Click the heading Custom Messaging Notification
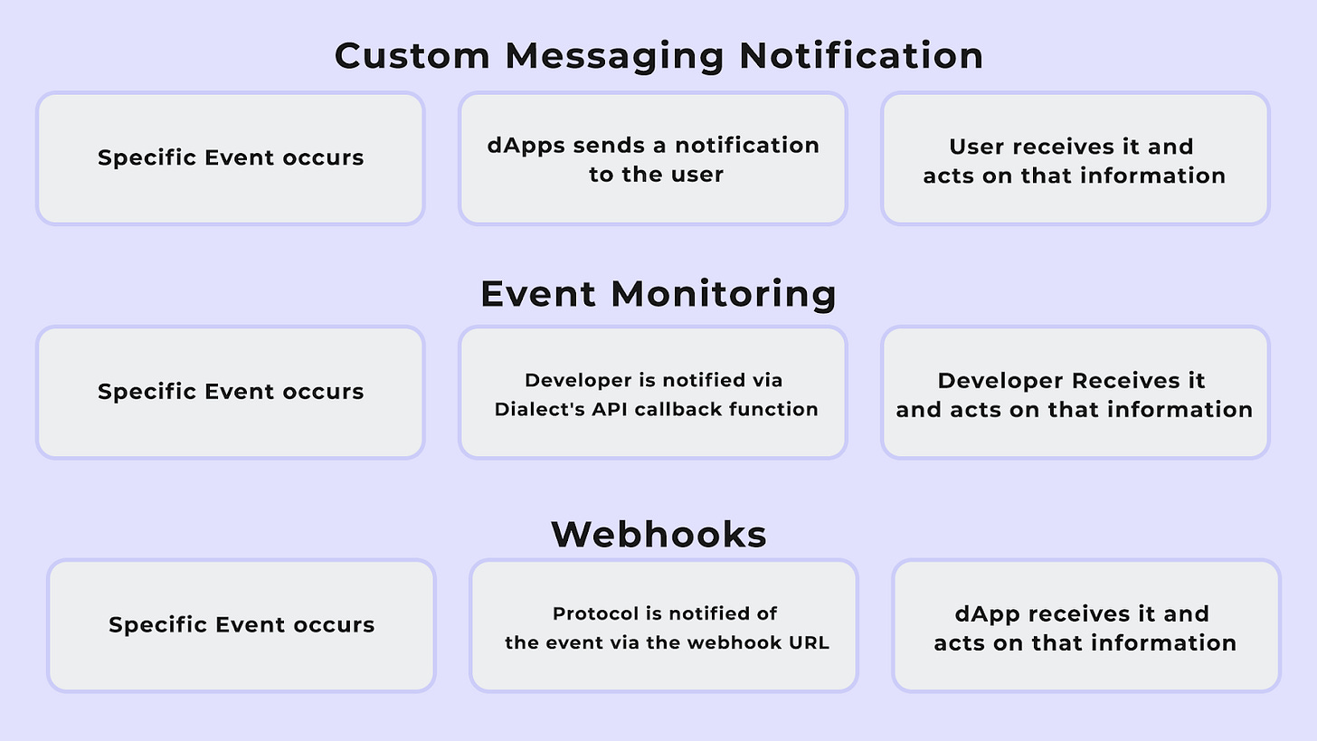(x=658, y=55)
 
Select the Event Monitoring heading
(x=658, y=294)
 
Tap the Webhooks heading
(x=658, y=534)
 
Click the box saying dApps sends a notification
(x=652, y=158)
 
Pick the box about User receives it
(x=1075, y=158)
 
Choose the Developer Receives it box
(x=1075, y=393)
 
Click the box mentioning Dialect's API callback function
(x=652, y=393)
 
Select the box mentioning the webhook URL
(x=663, y=626)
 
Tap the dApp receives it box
(x=1085, y=626)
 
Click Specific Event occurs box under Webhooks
(x=241, y=625)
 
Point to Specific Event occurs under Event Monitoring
(x=230, y=392)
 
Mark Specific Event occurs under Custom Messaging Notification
(x=230, y=157)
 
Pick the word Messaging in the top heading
(x=613, y=55)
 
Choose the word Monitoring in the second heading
(x=723, y=294)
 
